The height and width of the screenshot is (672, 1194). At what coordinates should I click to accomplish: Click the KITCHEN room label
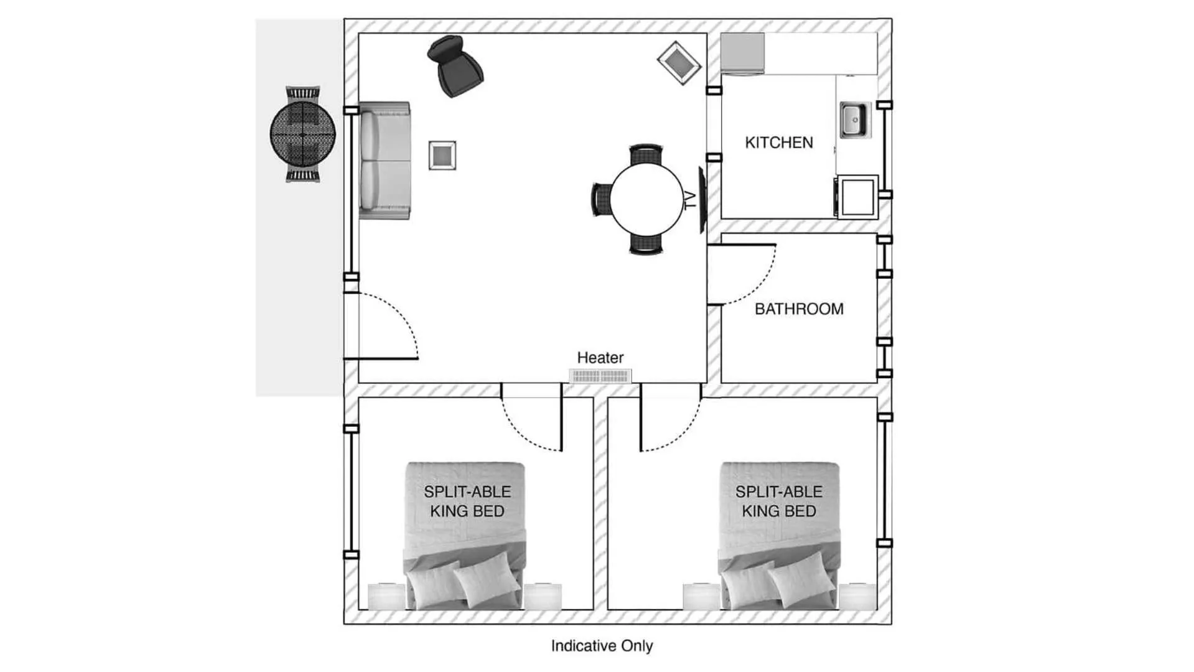[779, 142]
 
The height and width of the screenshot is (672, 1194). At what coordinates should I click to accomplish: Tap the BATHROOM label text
[799, 309]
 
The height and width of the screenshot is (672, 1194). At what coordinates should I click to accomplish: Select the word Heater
[600, 358]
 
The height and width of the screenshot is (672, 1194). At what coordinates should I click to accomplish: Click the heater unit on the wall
[600, 376]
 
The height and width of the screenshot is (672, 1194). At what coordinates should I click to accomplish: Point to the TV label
[690, 200]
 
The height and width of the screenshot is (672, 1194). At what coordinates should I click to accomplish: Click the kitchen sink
[853, 119]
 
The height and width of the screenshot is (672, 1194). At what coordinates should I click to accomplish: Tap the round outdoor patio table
[303, 134]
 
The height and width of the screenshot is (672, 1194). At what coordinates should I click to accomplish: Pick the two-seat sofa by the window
[385, 161]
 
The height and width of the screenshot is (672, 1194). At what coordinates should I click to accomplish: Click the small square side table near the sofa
[442, 155]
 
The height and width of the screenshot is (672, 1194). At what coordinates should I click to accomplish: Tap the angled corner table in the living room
[679, 63]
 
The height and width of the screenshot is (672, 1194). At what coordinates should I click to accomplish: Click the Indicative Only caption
[602, 646]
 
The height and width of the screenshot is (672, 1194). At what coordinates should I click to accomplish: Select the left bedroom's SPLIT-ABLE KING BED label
[467, 502]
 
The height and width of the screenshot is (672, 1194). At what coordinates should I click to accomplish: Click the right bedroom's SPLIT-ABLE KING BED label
[779, 502]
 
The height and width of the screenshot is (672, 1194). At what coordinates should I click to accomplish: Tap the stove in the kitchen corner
[857, 197]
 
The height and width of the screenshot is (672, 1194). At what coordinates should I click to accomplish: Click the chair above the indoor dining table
[646, 153]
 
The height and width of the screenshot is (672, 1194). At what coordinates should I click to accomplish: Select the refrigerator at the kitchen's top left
[742, 54]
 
